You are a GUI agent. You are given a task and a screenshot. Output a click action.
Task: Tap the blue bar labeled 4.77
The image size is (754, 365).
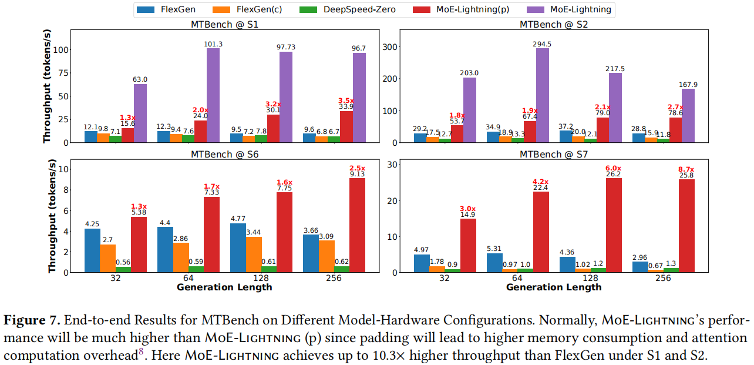238,247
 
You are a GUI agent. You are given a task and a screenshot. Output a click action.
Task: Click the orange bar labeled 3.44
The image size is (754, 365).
253,255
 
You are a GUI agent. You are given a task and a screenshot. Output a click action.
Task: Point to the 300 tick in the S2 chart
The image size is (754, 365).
391,47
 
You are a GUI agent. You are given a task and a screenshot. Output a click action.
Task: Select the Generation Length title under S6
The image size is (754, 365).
224,287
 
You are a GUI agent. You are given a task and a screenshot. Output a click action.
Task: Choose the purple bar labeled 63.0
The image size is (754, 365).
140,113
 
